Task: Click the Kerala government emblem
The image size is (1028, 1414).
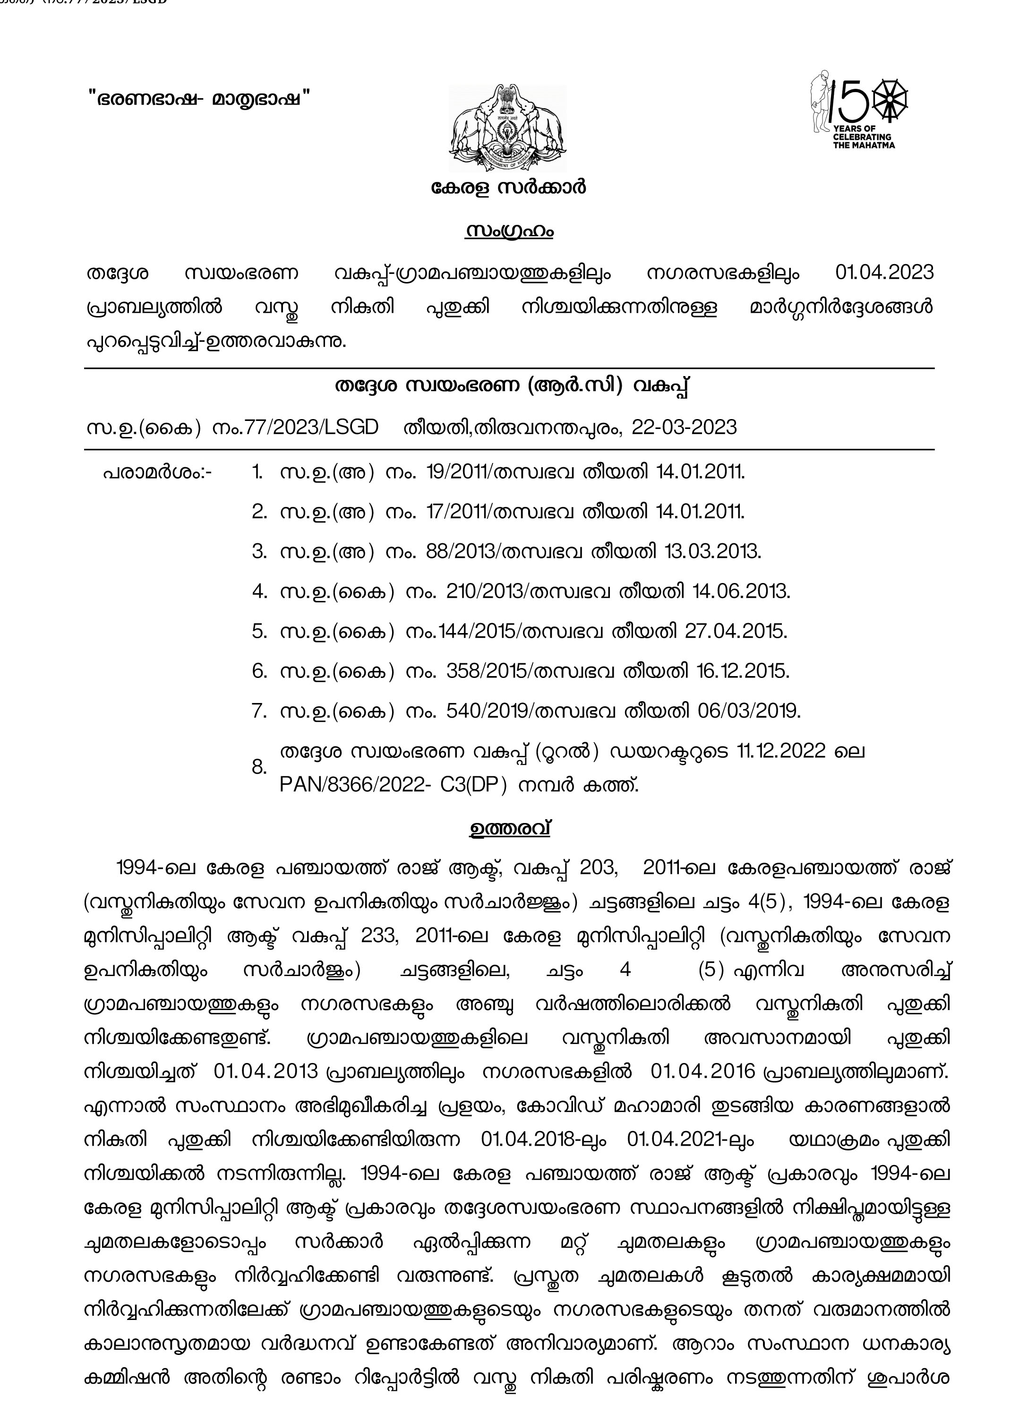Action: click(x=507, y=129)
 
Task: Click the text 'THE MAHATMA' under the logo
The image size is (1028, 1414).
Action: click(x=864, y=145)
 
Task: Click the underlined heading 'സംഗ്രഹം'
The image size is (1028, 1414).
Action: click(x=509, y=231)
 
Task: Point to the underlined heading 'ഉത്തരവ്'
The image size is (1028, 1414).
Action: click(x=509, y=829)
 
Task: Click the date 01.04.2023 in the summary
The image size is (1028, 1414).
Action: click(x=884, y=273)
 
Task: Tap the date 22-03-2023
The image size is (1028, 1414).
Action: click(x=684, y=427)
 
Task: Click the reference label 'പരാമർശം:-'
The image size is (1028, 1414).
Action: click(x=157, y=472)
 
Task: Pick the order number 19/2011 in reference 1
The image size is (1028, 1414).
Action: click(x=458, y=472)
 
